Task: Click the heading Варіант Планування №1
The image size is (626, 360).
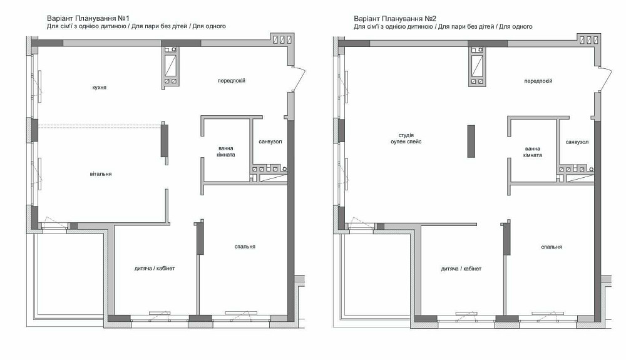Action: click(87, 19)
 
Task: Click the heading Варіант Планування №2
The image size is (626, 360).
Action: click(394, 19)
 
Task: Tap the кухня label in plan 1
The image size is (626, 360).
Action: click(99, 88)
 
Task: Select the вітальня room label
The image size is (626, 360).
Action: click(100, 173)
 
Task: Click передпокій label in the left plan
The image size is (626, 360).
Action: click(231, 81)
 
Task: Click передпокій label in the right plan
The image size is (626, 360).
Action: click(538, 81)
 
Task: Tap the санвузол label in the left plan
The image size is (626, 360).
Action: click(270, 142)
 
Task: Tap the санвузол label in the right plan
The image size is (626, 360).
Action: click(577, 142)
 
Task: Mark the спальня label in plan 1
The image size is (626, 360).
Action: click(245, 247)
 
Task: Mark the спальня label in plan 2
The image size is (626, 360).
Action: click(552, 247)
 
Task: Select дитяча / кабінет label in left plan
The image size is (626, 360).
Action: click(155, 269)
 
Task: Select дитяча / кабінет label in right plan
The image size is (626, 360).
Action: click(461, 269)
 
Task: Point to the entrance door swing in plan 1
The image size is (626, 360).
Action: click(299, 80)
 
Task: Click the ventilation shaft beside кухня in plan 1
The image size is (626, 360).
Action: click(170, 65)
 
